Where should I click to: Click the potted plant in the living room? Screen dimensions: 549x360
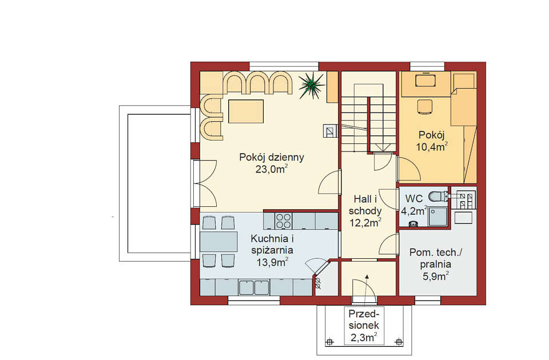311,85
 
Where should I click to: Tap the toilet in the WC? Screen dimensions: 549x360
438,196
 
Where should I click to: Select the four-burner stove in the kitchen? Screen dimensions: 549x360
283,221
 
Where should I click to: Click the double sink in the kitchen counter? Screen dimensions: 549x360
254,287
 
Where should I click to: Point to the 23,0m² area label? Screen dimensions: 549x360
272,169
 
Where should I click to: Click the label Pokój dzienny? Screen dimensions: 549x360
272,157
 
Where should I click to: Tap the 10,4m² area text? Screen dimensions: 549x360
432,147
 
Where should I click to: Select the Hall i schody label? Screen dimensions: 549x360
365,205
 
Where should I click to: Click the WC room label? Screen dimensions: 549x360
414,198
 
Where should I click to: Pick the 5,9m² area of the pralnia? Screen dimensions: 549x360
436,277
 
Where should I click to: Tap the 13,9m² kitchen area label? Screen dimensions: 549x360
272,262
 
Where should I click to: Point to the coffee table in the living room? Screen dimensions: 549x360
246,111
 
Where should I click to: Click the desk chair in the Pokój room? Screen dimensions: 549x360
425,106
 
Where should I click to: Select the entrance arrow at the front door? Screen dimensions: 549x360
367,288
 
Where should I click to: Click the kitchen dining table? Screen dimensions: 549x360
218,241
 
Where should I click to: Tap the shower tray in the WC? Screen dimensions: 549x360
437,217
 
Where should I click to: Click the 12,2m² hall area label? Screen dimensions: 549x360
365,222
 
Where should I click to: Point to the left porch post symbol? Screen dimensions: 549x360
329,342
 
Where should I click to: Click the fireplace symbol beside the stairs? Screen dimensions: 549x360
330,131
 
